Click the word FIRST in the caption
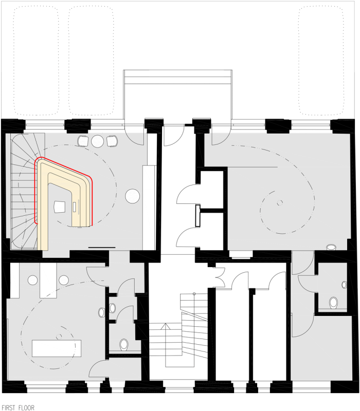pyautogui.click(x=8, y=407)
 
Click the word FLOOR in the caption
pyautogui.click(x=26, y=407)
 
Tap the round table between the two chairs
pyautogui.click(x=98, y=141)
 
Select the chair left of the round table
pyautogui.click(x=83, y=141)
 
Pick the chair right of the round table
pyautogui.click(x=112, y=141)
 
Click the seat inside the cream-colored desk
pyautogui.click(x=60, y=207)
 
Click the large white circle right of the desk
pyautogui.click(x=132, y=196)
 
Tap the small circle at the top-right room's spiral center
pyautogui.click(x=280, y=202)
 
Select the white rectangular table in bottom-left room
pyautogui.click(x=57, y=348)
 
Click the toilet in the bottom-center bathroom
pyautogui.click(x=124, y=344)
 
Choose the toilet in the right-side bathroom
pyautogui.click(x=333, y=303)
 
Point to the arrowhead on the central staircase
pyautogui.click(x=165, y=326)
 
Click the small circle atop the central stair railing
pyautogui.click(x=194, y=293)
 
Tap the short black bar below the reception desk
pyautogui.click(x=102, y=247)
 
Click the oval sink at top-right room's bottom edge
pyautogui.click(x=331, y=247)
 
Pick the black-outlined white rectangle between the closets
pyautogui.click(x=198, y=215)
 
